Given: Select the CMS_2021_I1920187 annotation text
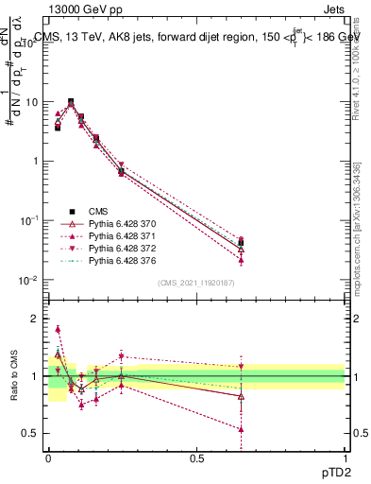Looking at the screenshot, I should click(x=196, y=283).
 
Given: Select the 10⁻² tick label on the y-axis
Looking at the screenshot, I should click(x=29, y=280).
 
